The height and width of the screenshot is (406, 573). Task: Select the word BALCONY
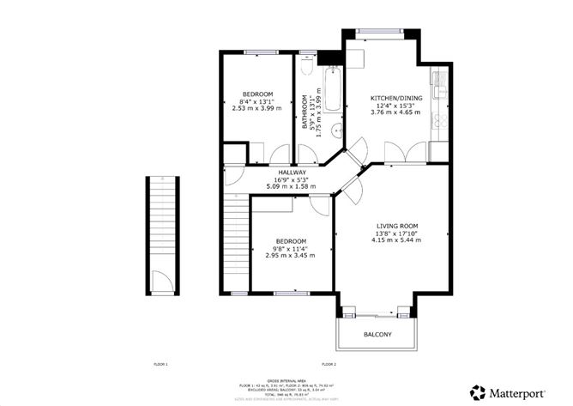(x=378, y=334)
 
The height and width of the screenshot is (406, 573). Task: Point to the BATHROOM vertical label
(x=305, y=113)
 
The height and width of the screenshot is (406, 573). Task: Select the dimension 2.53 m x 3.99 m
(x=257, y=109)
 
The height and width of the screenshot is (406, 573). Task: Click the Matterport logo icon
(x=477, y=392)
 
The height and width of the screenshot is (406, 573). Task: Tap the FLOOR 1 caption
(x=160, y=366)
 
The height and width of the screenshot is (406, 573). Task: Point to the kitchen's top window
(x=382, y=32)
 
